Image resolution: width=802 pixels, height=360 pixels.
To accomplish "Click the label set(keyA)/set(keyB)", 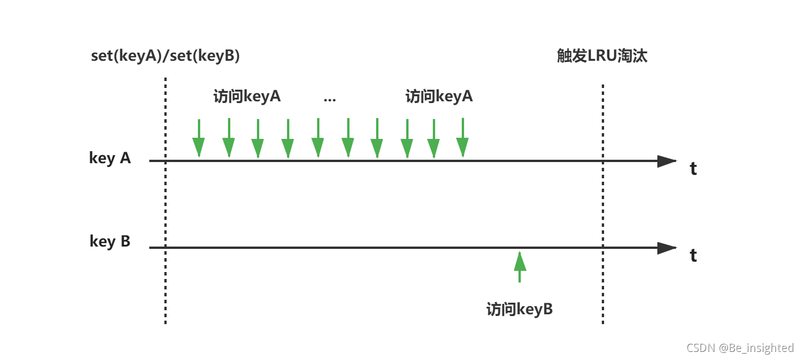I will [165, 56].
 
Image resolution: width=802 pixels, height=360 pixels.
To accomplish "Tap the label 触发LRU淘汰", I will [602, 56].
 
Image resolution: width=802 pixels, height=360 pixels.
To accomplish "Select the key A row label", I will [110, 157].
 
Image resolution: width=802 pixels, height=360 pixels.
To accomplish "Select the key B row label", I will [110, 241].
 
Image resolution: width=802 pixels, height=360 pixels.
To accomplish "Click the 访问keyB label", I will [520, 309].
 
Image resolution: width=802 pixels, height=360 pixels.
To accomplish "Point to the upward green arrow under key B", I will [520, 266].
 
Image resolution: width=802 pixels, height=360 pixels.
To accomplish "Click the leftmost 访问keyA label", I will [247, 96].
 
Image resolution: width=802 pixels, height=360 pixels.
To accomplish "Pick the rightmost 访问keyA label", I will [439, 96].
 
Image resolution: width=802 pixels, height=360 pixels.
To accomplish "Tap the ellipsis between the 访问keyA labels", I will [329, 98].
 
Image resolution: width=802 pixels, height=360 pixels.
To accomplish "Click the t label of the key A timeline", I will [693, 168].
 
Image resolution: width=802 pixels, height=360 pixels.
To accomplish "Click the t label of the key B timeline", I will [693, 255].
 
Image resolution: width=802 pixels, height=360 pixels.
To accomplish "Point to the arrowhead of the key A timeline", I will [667, 161].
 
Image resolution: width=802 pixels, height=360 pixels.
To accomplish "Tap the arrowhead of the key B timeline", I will [667, 248].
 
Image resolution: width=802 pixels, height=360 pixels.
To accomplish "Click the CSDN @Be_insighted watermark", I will [740, 347].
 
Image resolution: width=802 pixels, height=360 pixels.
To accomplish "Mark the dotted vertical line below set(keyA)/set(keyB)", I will [165, 203].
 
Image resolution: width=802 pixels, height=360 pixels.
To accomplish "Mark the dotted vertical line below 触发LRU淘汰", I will [603, 203].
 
